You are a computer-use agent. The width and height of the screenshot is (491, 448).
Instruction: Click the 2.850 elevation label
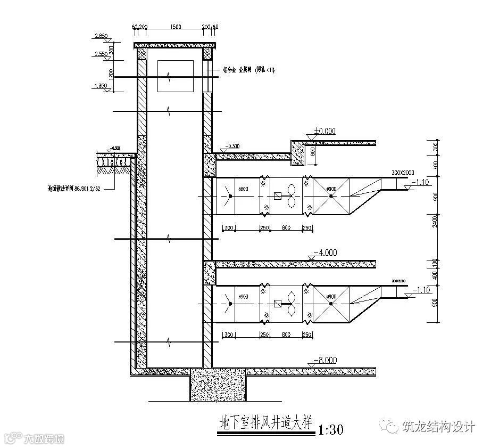coord(101,36)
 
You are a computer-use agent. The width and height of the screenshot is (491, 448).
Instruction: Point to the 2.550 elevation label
coord(101,54)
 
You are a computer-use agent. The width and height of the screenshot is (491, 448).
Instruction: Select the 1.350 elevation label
coord(101,85)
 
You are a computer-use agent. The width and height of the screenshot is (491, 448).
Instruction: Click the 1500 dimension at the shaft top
coord(175,26)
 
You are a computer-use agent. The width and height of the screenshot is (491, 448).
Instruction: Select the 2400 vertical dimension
coord(436,221)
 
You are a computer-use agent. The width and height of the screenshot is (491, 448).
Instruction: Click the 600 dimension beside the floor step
coord(312,151)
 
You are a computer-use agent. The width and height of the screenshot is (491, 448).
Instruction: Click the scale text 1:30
coord(331,429)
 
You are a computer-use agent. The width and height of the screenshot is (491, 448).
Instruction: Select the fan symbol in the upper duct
coord(292,196)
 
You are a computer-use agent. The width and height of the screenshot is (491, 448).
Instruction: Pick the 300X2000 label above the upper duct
coord(403,173)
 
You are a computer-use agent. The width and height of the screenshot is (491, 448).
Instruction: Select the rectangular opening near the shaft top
coord(176,77)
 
